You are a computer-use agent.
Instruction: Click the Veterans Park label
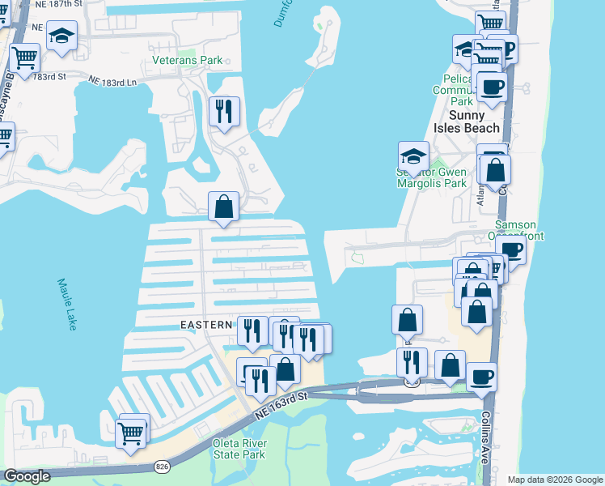[x=187, y=61]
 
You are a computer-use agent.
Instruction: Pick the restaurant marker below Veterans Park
[x=224, y=111]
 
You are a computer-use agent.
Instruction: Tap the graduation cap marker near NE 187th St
[x=61, y=36]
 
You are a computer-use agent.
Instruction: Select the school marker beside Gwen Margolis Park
[x=413, y=156]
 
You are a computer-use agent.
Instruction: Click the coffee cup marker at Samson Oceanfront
[x=510, y=249]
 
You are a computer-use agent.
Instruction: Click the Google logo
[x=27, y=475]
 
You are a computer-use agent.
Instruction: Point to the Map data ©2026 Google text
[x=554, y=480]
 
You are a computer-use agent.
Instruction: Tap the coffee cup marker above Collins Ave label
[x=482, y=377]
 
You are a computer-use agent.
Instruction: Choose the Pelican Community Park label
[x=462, y=90]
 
